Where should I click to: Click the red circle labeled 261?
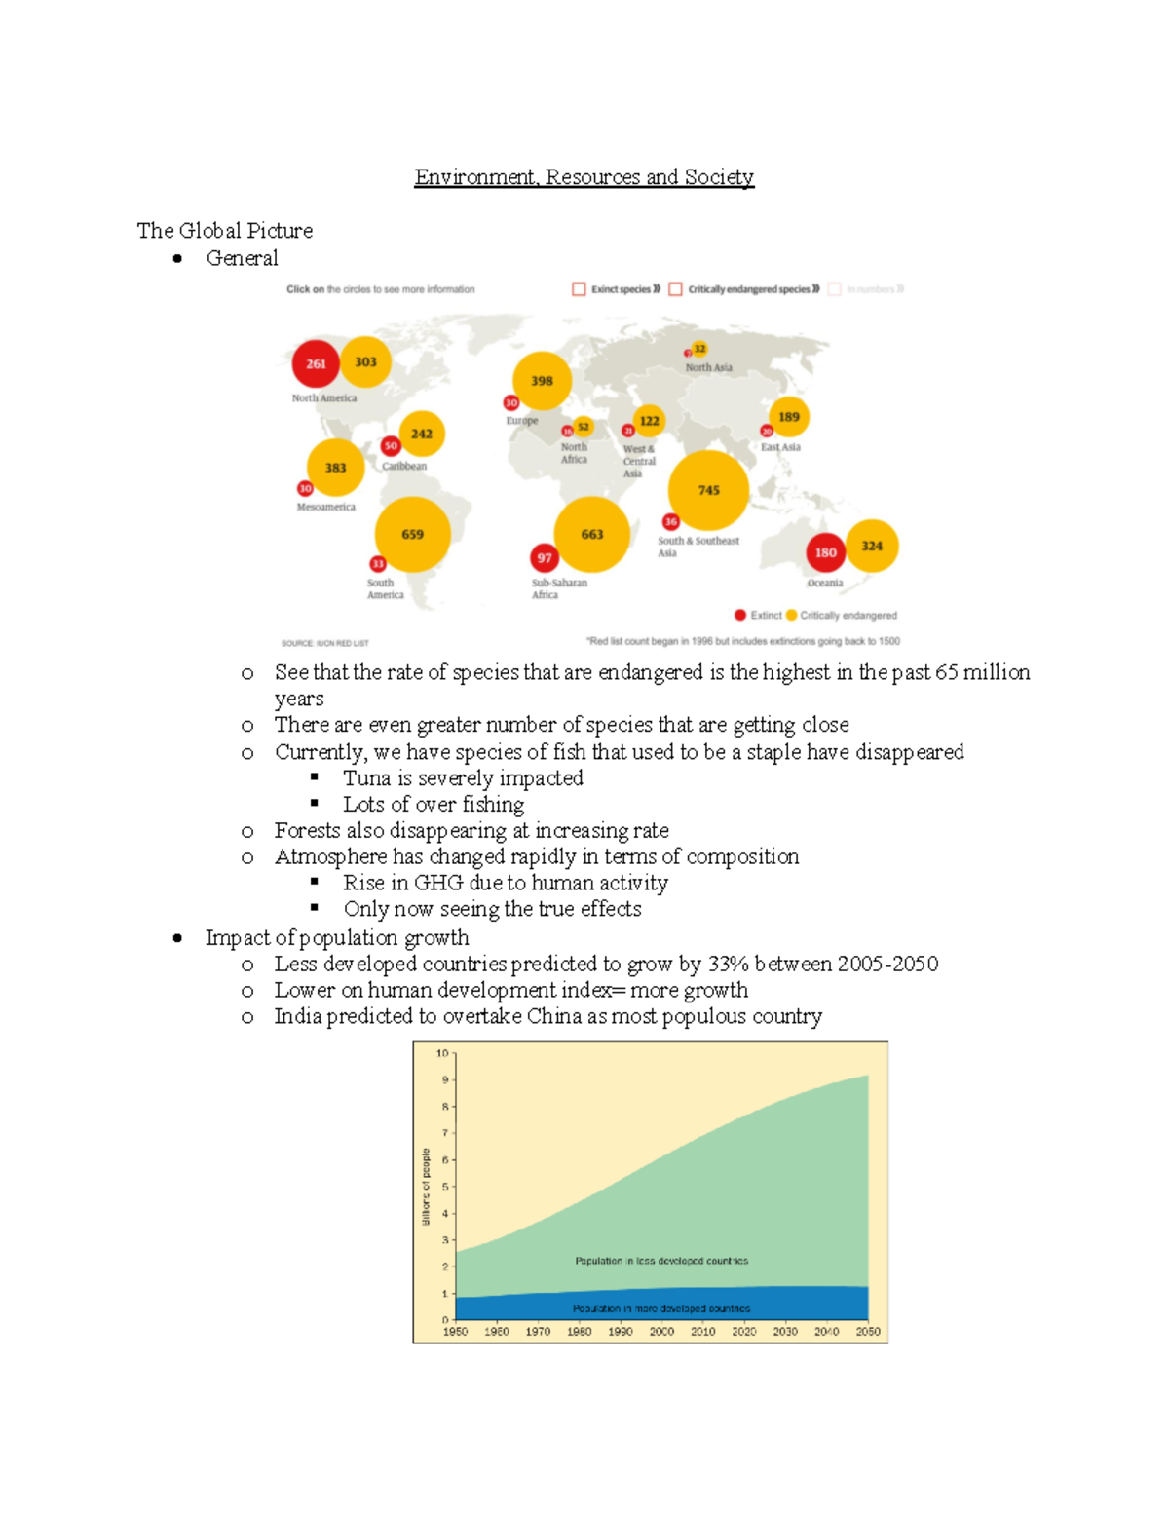[x=316, y=363]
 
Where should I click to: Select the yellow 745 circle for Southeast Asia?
[x=708, y=490]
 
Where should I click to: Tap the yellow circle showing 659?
[x=412, y=534]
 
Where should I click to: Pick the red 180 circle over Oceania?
[x=825, y=552]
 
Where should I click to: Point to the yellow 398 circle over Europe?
[x=542, y=381]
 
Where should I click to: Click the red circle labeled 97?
[x=545, y=558]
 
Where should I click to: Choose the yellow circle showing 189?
[x=788, y=417]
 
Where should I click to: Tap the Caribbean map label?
[x=404, y=467]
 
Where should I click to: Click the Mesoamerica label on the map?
[x=325, y=508]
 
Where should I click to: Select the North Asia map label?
[x=708, y=368]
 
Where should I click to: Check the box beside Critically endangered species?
[x=675, y=289]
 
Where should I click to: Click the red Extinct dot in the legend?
[x=740, y=615]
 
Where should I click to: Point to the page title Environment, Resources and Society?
[x=584, y=177]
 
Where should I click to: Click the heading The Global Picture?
[x=224, y=231]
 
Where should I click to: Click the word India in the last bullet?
[x=297, y=1016]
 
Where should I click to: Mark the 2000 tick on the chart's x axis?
[x=661, y=1332]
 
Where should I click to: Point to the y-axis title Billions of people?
[x=426, y=1186]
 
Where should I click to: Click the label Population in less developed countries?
[x=661, y=1261]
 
